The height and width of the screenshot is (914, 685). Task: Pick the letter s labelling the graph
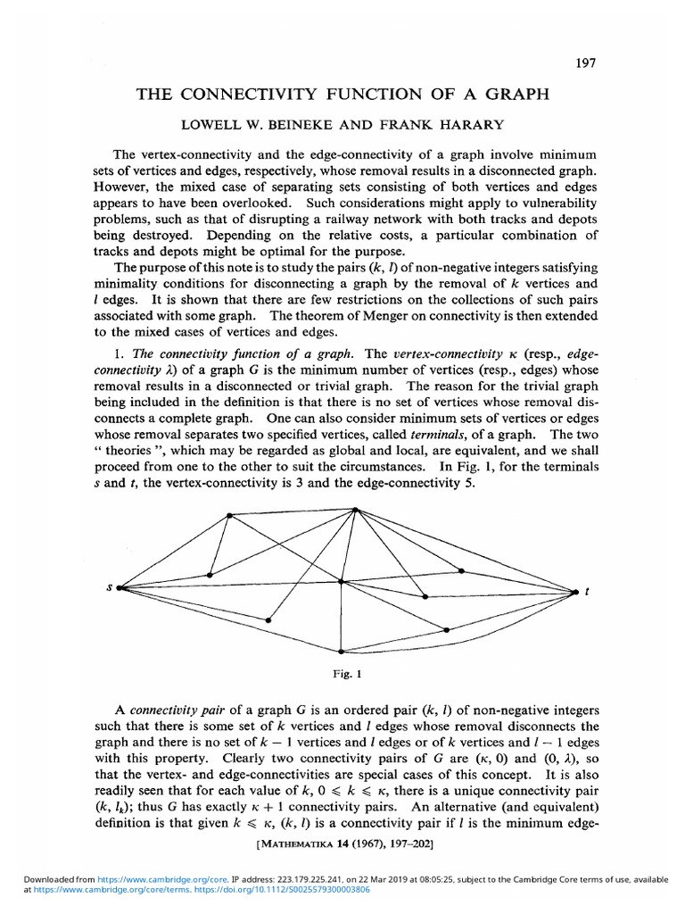coord(108,586)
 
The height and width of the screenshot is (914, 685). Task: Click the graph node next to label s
coord(119,587)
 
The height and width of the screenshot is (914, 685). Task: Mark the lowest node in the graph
coord(340,650)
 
